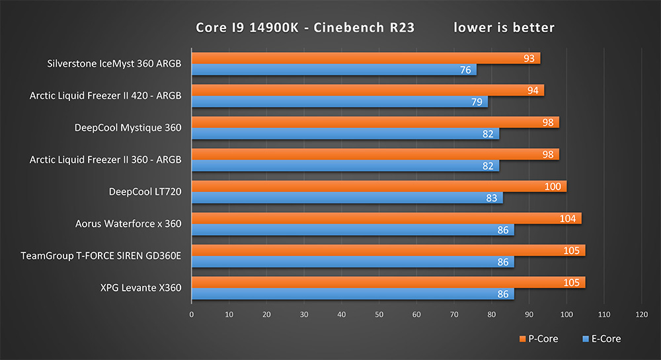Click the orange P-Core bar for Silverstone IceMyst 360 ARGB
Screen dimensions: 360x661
(x=366, y=58)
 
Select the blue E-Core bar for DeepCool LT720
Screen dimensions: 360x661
(x=347, y=198)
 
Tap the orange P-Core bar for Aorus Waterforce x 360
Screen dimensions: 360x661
(x=386, y=218)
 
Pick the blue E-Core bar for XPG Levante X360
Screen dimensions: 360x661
(x=352, y=294)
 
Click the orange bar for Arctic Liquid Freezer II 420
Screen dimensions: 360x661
(x=368, y=90)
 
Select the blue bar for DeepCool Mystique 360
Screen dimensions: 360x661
(x=345, y=133)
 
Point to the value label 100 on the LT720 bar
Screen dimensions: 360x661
(x=552, y=186)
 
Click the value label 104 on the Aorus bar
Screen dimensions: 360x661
(x=567, y=218)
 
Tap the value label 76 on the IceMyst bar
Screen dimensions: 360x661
(x=465, y=70)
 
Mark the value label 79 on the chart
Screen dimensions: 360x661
(x=477, y=102)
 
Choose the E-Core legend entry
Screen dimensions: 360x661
(x=602, y=339)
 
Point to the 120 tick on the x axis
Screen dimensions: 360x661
(x=641, y=315)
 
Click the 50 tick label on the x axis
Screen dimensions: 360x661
(x=379, y=315)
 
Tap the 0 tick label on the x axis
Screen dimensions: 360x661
(x=191, y=315)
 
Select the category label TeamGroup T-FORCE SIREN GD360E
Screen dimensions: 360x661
(x=101, y=256)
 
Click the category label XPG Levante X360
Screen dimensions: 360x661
(x=132, y=287)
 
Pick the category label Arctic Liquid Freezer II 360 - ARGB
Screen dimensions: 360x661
(x=106, y=160)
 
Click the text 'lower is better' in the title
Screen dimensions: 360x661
(x=504, y=28)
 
